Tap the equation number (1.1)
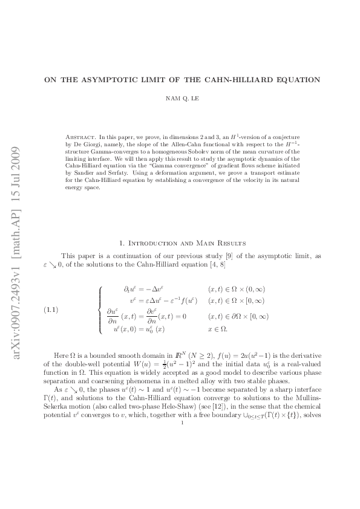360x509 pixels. (53, 310)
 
